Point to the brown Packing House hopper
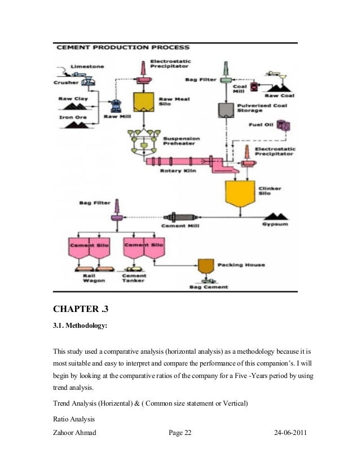(205, 265)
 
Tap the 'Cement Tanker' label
(134, 278)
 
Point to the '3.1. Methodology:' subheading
(82, 325)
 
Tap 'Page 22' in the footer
(180, 433)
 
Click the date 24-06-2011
(290, 433)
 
